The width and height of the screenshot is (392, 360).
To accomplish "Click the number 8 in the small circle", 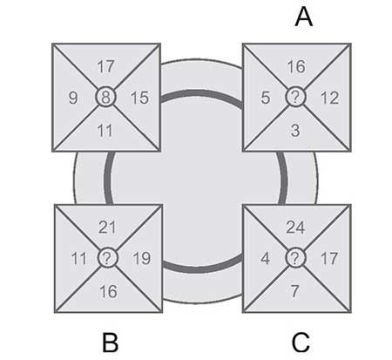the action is (105, 98).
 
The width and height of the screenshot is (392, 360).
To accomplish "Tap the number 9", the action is (73, 98).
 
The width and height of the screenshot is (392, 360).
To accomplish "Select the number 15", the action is (139, 98).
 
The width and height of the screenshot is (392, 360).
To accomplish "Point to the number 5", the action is (266, 98).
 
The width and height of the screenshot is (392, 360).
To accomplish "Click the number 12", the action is (329, 98).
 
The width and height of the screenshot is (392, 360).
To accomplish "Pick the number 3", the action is (295, 131).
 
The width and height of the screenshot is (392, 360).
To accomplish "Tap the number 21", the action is (107, 228).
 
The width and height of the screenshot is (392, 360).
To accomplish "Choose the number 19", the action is (142, 258).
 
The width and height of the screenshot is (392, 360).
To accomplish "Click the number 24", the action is (295, 228).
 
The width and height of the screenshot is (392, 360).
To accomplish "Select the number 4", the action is (266, 258).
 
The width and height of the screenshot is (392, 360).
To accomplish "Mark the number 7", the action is (295, 291).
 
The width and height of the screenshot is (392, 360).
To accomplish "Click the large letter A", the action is (304, 17).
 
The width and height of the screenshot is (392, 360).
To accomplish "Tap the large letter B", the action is (111, 343).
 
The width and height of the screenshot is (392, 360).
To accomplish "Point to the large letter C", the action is (301, 343).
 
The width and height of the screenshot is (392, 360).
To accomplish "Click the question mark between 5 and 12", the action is (295, 97).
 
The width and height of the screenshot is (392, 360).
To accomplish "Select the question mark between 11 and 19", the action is (107, 258).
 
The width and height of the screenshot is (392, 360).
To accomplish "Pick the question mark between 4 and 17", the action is (295, 258).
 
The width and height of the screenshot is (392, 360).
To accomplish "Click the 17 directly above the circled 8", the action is (106, 67).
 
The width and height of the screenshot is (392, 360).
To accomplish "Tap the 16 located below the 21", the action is (108, 291).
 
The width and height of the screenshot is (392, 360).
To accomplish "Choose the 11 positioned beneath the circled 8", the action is (105, 131).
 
